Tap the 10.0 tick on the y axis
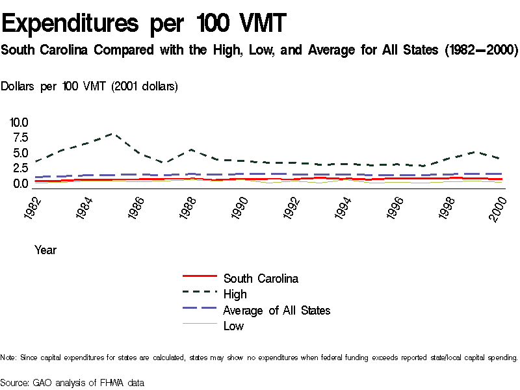click(x=19, y=122)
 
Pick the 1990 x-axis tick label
click(x=240, y=208)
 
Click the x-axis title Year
click(x=45, y=250)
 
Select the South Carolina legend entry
click(x=261, y=278)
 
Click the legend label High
click(x=235, y=294)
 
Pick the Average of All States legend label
click(x=276, y=310)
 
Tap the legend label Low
click(x=233, y=326)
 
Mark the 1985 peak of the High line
click(x=113, y=134)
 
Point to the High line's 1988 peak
click(x=191, y=149)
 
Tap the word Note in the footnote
click(x=8, y=357)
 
